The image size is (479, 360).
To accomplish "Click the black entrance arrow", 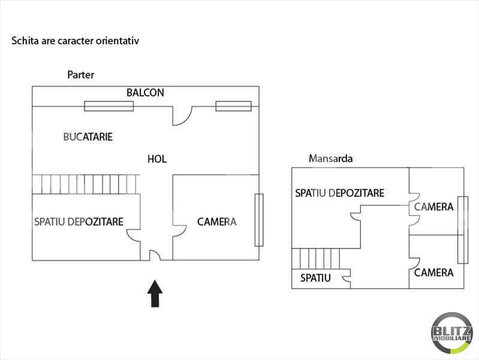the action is pyautogui.click(x=155, y=293).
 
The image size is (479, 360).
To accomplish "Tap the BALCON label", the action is pyautogui.click(x=146, y=92).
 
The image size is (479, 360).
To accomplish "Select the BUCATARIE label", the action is pyautogui.click(x=88, y=137).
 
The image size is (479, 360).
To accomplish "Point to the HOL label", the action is pyautogui.click(x=157, y=159).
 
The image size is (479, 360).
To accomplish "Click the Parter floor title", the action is pyautogui.click(x=81, y=74).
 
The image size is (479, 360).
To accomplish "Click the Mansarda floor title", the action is pyautogui.click(x=330, y=158).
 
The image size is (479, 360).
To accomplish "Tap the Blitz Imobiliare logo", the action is pyautogui.click(x=451, y=333).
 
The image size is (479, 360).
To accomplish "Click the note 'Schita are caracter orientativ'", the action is pyautogui.click(x=75, y=41).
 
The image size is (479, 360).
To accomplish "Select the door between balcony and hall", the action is pyautogui.click(x=182, y=116).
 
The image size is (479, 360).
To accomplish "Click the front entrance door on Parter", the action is pyautogui.click(x=155, y=256).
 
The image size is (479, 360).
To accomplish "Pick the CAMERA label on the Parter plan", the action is pyautogui.click(x=217, y=222).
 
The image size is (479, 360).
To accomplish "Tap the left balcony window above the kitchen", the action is pyautogui.click(x=109, y=106).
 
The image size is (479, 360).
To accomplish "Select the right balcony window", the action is pyautogui.click(x=234, y=106).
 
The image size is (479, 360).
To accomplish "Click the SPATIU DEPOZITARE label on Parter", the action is pyautogui.click(x=79, y=222).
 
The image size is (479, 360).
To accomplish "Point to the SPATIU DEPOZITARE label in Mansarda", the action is pyautogui.click(x=340, y=193).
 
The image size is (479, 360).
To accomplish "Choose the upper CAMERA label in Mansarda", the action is pyautogui.click(x=434, y=207).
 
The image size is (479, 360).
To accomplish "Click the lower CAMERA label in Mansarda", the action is pyautogui.click(x=434, y=272).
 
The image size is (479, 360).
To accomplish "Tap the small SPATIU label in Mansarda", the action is pyautogui.click(x=315, y=278).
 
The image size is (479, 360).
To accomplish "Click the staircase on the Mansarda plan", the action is pyautogui.click(x=315, y=259).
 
